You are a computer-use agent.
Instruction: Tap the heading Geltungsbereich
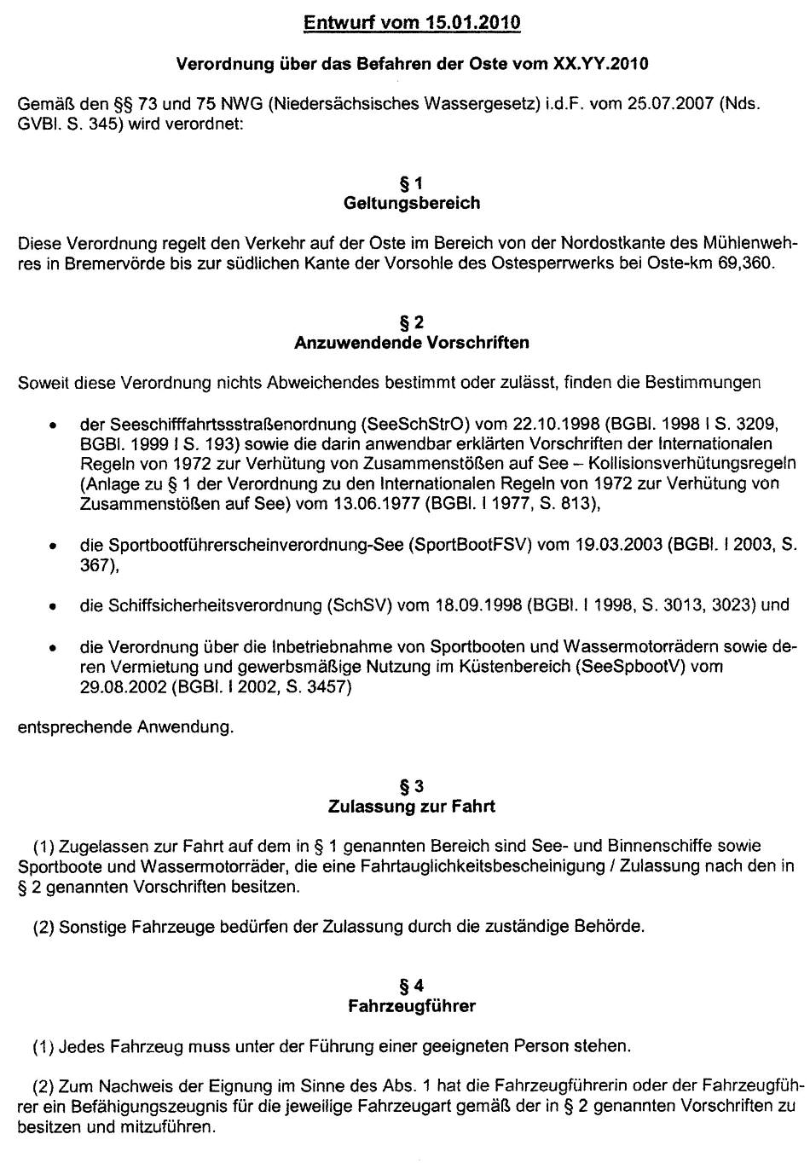(x=412, y=203)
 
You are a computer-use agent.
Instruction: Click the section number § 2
(x=412, y=322)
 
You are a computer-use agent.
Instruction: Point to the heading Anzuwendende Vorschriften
(x=412, y=343)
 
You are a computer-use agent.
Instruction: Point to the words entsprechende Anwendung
(x=125, y=727)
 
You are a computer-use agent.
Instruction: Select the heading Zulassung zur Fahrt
(x=412, y=806)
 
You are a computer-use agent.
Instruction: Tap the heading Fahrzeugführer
(x=412, y=1006)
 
